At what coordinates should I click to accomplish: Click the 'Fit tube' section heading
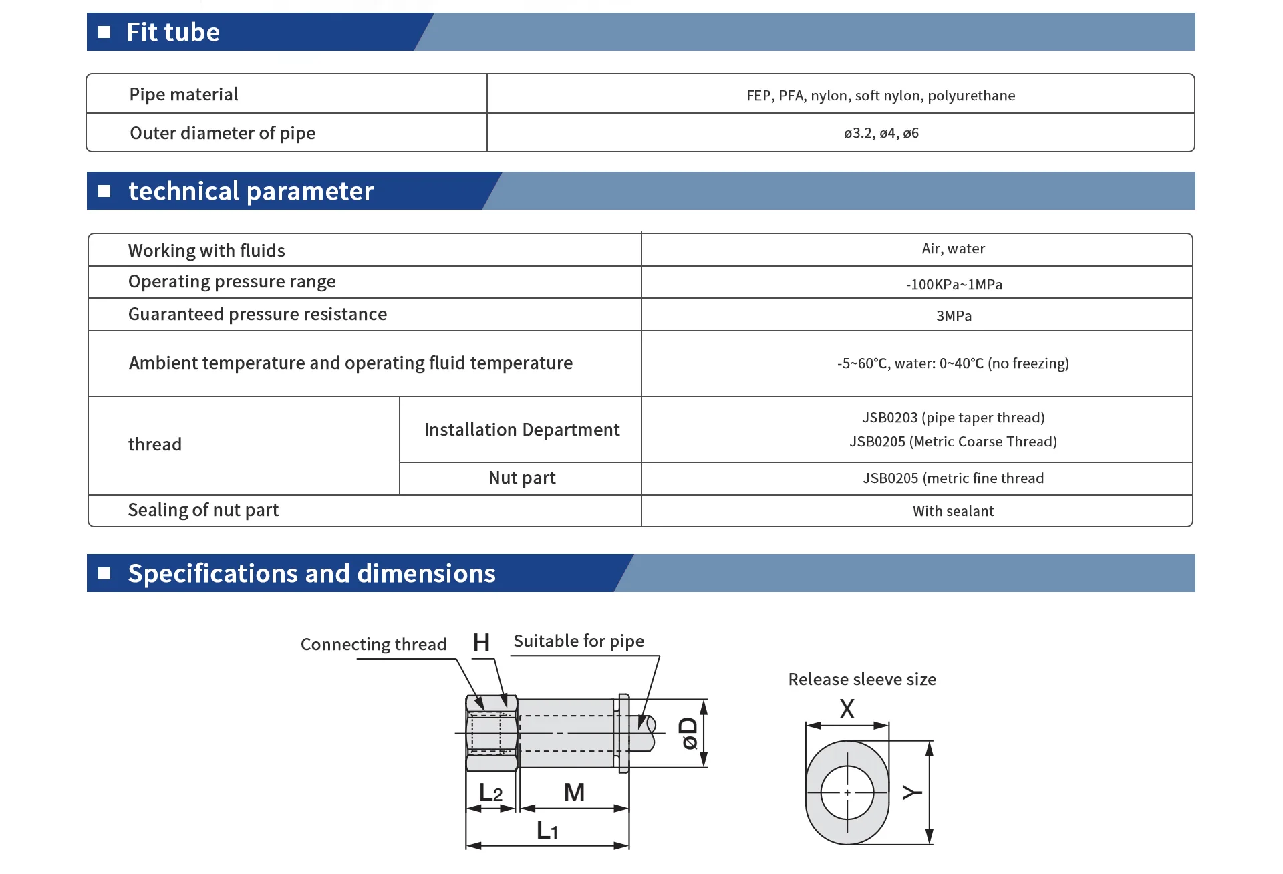[x=173, y=32]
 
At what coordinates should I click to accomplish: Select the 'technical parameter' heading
[x=251, y=191]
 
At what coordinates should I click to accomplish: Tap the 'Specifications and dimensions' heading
[x=311, y=573]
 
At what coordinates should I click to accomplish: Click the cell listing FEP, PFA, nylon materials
[x=881, y=96]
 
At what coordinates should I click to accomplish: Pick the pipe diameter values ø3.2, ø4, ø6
[x=881, y=133]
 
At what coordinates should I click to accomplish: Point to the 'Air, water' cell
[x=953, y=249]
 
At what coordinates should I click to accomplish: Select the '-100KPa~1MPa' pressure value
[x=954, y=285]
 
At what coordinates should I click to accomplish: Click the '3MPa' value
[x=954, y=316]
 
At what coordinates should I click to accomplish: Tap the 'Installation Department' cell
[x=522, y=430]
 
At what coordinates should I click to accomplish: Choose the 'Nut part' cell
[x=522, y=478]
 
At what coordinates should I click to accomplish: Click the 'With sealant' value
[x=953, y=511]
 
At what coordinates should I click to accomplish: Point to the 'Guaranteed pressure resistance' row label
[x=257, y=314]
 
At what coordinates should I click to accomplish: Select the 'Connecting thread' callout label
[x=373, y=644]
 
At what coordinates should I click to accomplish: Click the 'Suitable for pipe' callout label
[x=579, y=641]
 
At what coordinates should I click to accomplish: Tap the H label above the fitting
[x=481, y=643]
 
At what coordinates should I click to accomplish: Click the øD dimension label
[x=688, y=734]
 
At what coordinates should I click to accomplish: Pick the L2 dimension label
[x=490, y=793]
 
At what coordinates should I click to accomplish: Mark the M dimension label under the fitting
[x=574, y=792]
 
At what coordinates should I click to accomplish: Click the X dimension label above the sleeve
[x=847, y=709]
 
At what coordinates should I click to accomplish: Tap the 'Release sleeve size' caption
[x=862, y=680]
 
